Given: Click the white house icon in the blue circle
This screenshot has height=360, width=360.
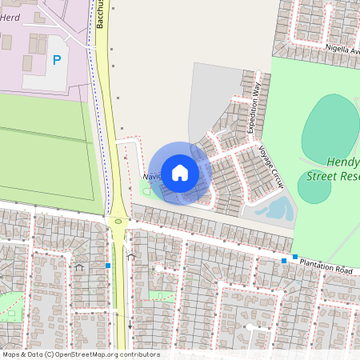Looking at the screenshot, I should pyautogui.click(x=180, y=172).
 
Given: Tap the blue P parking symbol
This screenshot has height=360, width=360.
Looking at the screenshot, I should pyautogui.click(x=56, y=59).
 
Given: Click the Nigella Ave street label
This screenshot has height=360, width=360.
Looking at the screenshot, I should pyautogui.click(x=342, y=48).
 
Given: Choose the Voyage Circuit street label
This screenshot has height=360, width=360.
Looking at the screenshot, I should pyautogui.click(x=271, y=166).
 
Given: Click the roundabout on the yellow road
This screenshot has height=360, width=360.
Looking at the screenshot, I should pyautogui.click(x=118, y=221).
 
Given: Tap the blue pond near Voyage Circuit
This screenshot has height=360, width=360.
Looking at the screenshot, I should pyautogui.click(x=275, y=210).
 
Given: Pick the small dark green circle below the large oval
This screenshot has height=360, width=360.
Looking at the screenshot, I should pyautogui.click(x=314, y=187).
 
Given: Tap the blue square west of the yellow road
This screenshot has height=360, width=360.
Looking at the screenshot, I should pyautogui.click(x=108, y=266).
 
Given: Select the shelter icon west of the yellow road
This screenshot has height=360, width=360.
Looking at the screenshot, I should pyautogui.click(x=78, y=267).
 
